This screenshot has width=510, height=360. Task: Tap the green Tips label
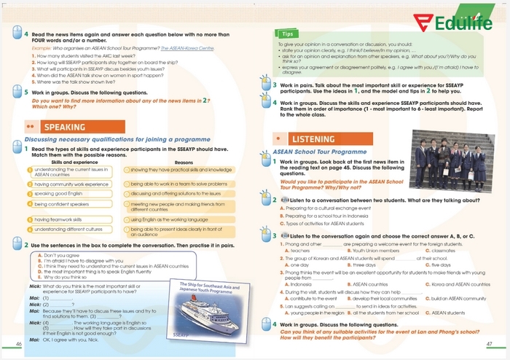click(x=288, y=34)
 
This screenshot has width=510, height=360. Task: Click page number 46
click(x=18, y=343)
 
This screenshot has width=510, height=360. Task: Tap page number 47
click(x=490, y=343)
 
